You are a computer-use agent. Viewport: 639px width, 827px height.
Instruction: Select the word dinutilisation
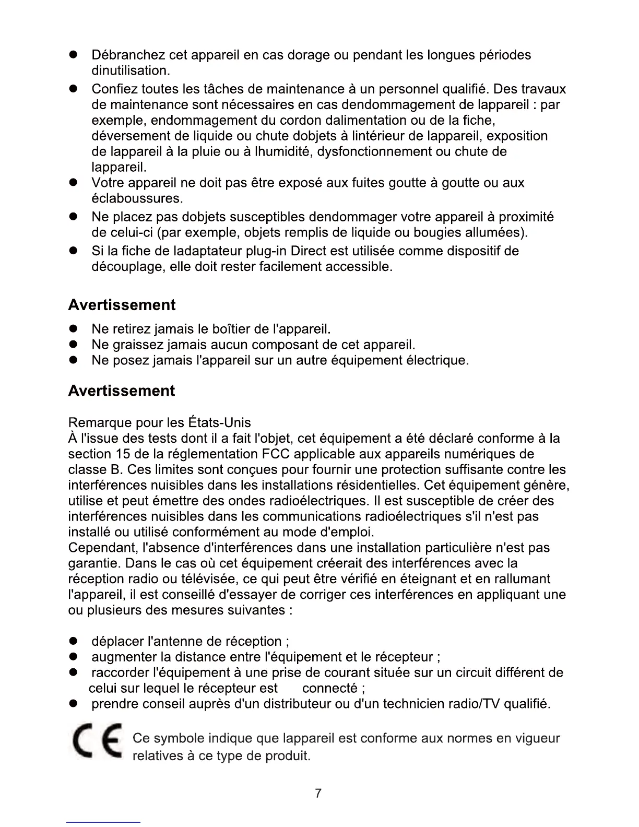(x=131, y=70)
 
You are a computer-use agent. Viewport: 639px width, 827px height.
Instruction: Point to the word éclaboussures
(x=137, y=198)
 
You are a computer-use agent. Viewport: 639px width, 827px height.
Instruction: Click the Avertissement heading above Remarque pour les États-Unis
(x=122, y=391)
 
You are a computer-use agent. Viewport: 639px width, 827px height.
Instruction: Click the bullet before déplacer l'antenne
(x=74, y=642)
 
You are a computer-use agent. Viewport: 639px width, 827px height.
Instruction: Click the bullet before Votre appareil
(x=74, y=183)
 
